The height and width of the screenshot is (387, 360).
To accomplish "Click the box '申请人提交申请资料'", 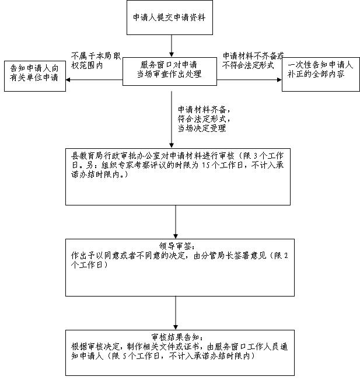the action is point(170,18).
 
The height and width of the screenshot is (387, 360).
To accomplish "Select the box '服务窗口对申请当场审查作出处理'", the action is point(170,72).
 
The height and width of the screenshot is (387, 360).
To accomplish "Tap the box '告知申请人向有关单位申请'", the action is point(35,76).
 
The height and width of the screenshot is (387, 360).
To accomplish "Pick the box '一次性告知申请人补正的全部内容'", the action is point(321,74).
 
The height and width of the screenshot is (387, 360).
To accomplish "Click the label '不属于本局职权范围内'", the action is point(96,61).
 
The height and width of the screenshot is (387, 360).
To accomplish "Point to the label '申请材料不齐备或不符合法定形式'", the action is point(253,61).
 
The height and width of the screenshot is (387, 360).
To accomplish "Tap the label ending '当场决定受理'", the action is point(204,118).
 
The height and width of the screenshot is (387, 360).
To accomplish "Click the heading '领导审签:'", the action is point(177,246).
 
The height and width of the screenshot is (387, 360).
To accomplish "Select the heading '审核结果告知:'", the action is point(177,337).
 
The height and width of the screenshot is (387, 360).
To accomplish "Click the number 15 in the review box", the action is point(205,165).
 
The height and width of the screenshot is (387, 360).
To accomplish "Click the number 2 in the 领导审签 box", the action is point(286,256).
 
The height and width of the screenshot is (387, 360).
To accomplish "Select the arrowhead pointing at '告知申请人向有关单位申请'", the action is point(68,80).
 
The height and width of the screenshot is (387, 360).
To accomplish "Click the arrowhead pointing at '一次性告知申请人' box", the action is point(279,80).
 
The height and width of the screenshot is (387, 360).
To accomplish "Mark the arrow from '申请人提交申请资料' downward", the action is point(172,46).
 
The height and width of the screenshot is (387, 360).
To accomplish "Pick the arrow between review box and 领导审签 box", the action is point(176,222).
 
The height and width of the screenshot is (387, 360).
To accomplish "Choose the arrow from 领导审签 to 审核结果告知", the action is point(176,313).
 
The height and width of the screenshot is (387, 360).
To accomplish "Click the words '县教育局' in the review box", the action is point(83,156).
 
